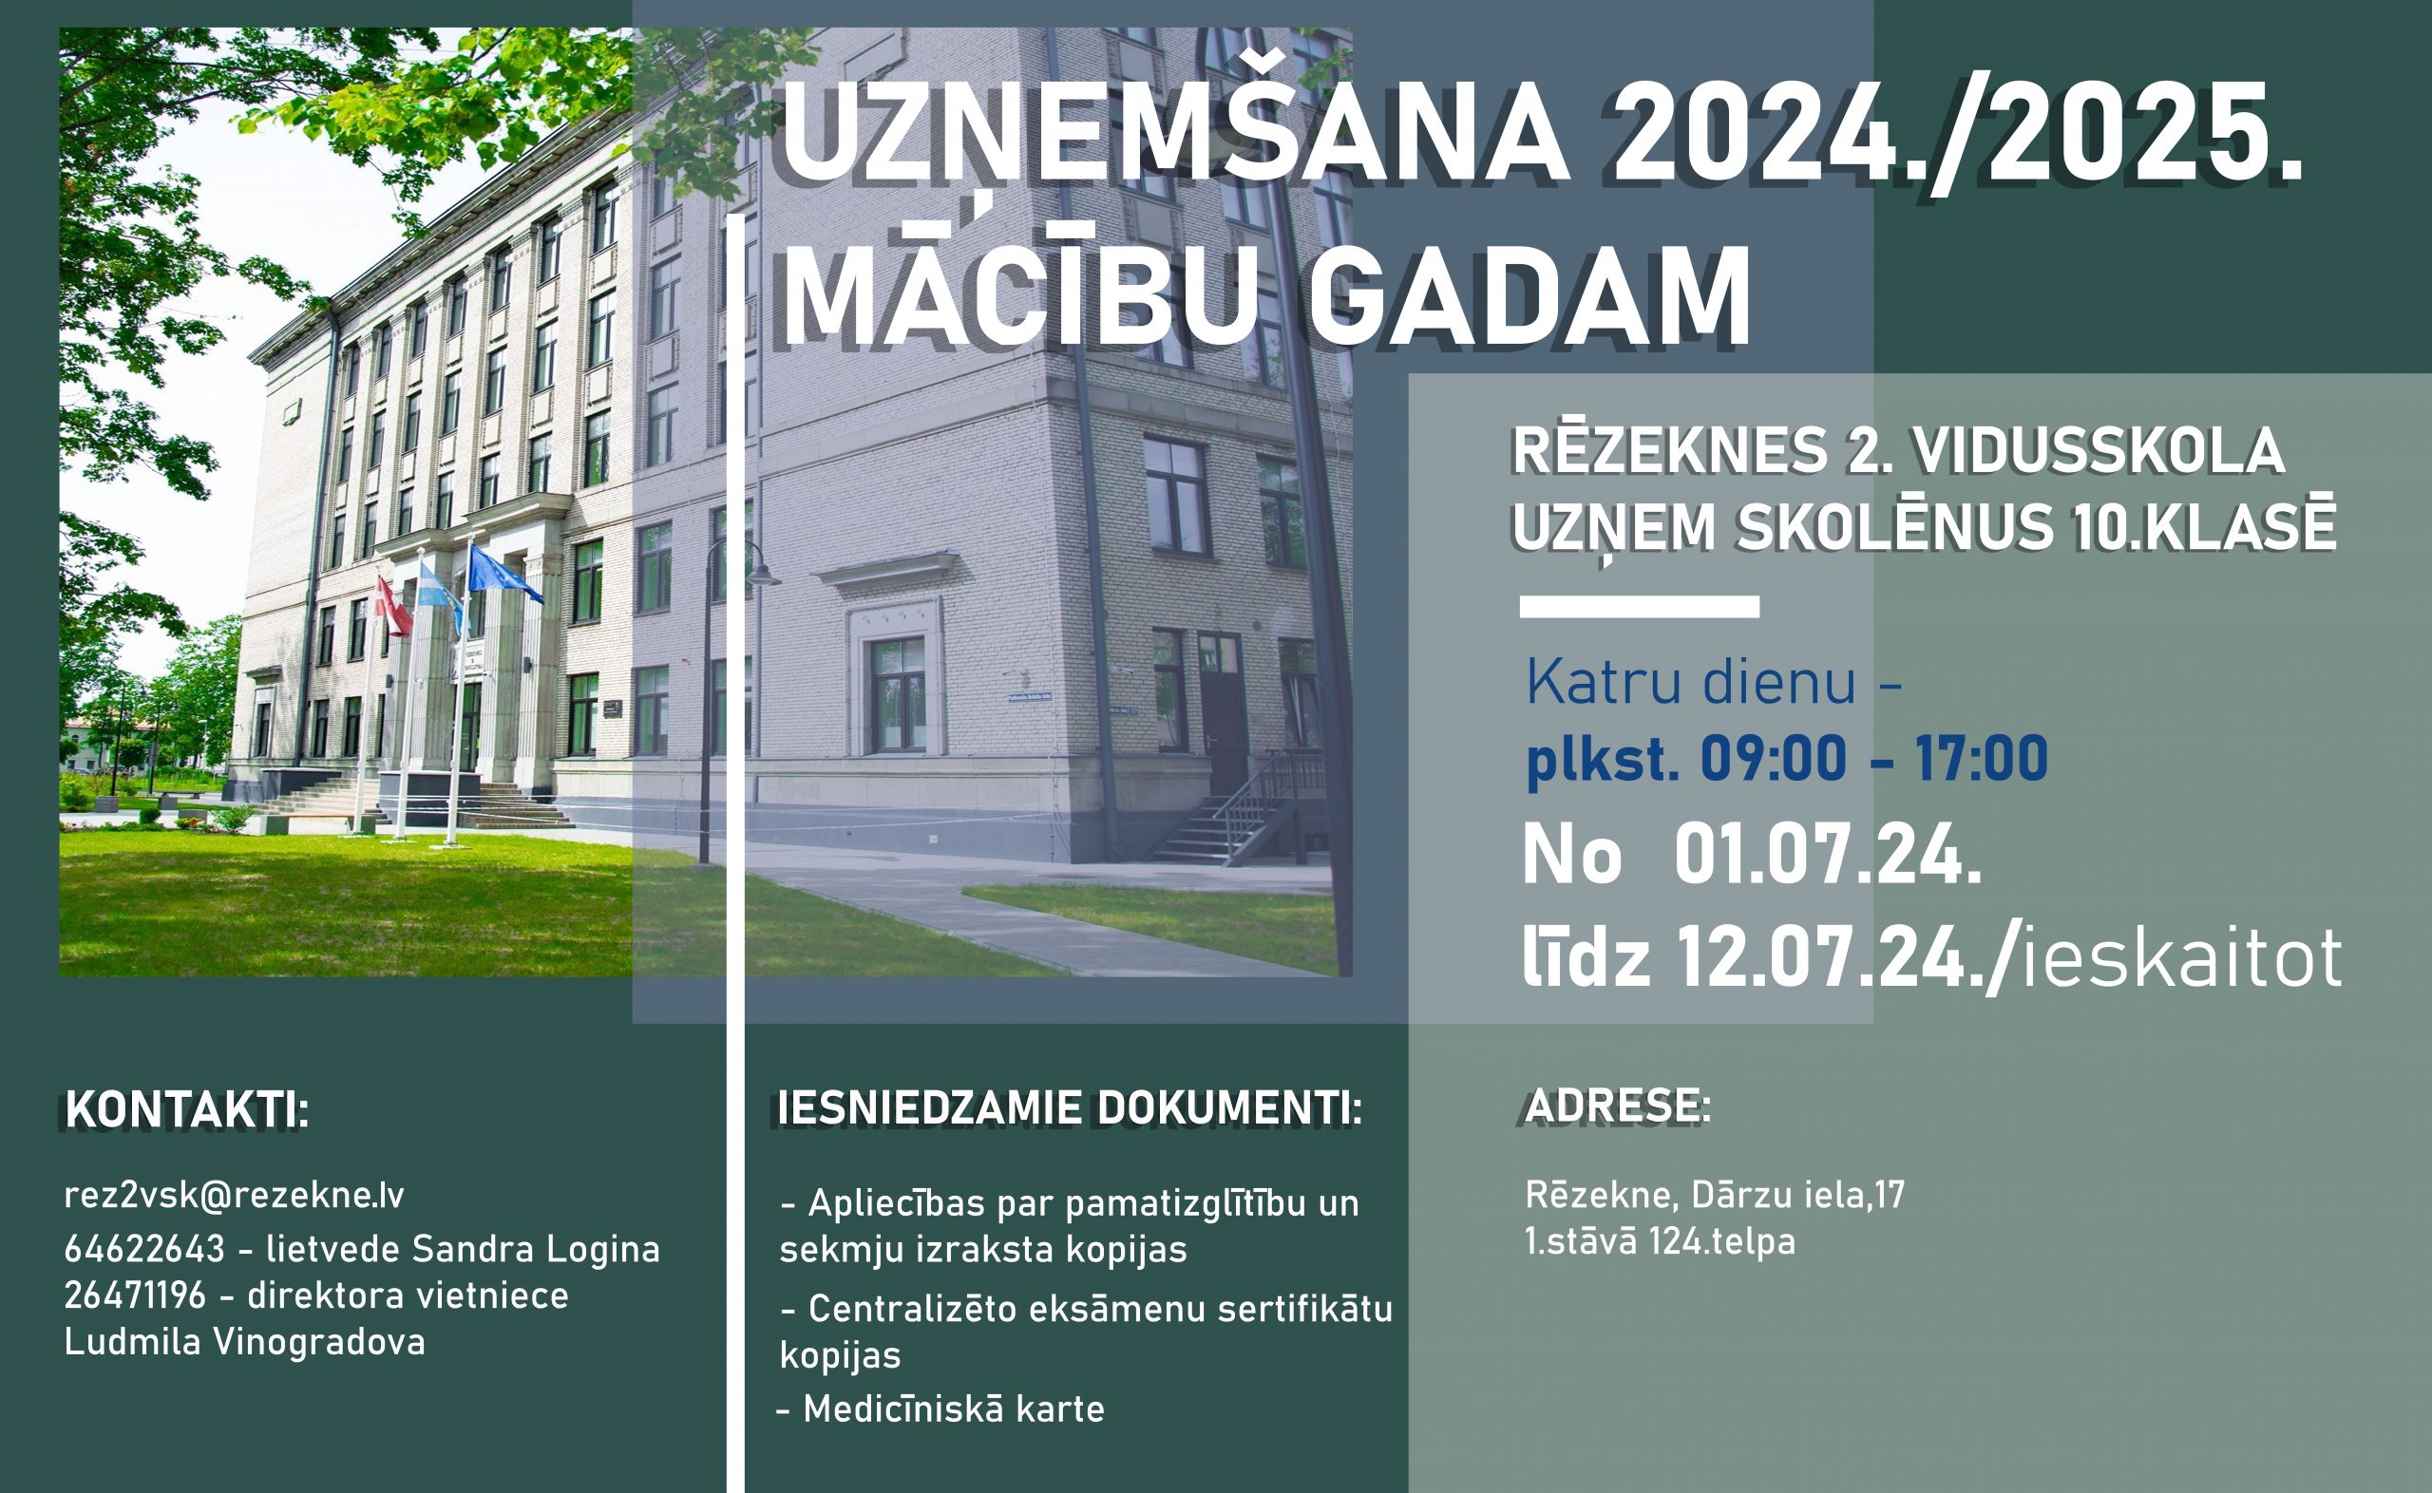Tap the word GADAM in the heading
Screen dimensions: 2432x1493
pyautogui.click(x=1529, y=295)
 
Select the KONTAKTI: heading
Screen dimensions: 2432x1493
pyautogui.click(x=187, y=1110)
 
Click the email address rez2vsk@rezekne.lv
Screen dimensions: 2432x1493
pyautogui.click(x=234, y=1195)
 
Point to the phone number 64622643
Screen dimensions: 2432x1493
pyautogui.click(x=145, y=1249)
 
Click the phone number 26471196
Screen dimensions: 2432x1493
pyautogui.click(x=135, y=1295)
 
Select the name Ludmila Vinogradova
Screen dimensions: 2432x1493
pyautogui.click(x=245, y=1341)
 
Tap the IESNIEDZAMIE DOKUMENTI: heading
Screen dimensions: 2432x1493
pyautogui.click(x=1071, y=1108)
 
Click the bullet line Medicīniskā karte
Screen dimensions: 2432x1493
pyautogui.click(x=941, y=1408)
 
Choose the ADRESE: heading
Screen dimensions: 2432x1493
pyautogui.click(x=1618, y=1106)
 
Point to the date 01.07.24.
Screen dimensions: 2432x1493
pyautogui.click(x=1828, y=855)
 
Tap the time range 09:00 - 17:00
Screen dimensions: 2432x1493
pyautogui.click(x=1874, y=758)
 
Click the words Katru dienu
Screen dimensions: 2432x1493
pyautogui.click(x=1691, y=681)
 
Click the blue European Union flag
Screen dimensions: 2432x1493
pyautogui.click(x=503, y=574)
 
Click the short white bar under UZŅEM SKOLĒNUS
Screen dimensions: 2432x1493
pyautogui.click(x=1639, y=606)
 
